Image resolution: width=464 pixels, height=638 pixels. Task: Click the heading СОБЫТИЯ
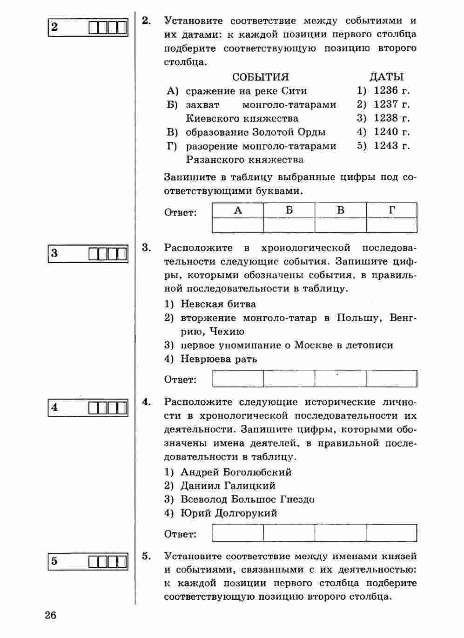260,77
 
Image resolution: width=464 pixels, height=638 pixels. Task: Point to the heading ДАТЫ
386,77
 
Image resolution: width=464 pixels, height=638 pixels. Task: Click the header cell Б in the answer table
289,210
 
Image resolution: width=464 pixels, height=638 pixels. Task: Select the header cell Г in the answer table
392,210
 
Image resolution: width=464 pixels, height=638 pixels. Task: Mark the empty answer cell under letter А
238,225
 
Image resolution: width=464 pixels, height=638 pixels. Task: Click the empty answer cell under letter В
340,225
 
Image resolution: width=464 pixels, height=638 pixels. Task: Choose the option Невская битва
218,304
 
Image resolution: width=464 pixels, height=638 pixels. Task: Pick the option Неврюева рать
218,359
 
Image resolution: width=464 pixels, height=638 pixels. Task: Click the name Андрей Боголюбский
236,472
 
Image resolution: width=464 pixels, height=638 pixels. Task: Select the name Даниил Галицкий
228,486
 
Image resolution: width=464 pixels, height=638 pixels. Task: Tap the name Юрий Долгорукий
229,513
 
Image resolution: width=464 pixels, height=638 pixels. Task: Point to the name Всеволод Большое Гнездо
247,500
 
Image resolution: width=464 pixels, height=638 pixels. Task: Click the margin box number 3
55,254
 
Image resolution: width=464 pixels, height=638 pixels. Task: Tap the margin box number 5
55,561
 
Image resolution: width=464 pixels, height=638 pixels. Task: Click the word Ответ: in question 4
181,534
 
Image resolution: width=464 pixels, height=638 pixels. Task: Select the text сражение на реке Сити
246,90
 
